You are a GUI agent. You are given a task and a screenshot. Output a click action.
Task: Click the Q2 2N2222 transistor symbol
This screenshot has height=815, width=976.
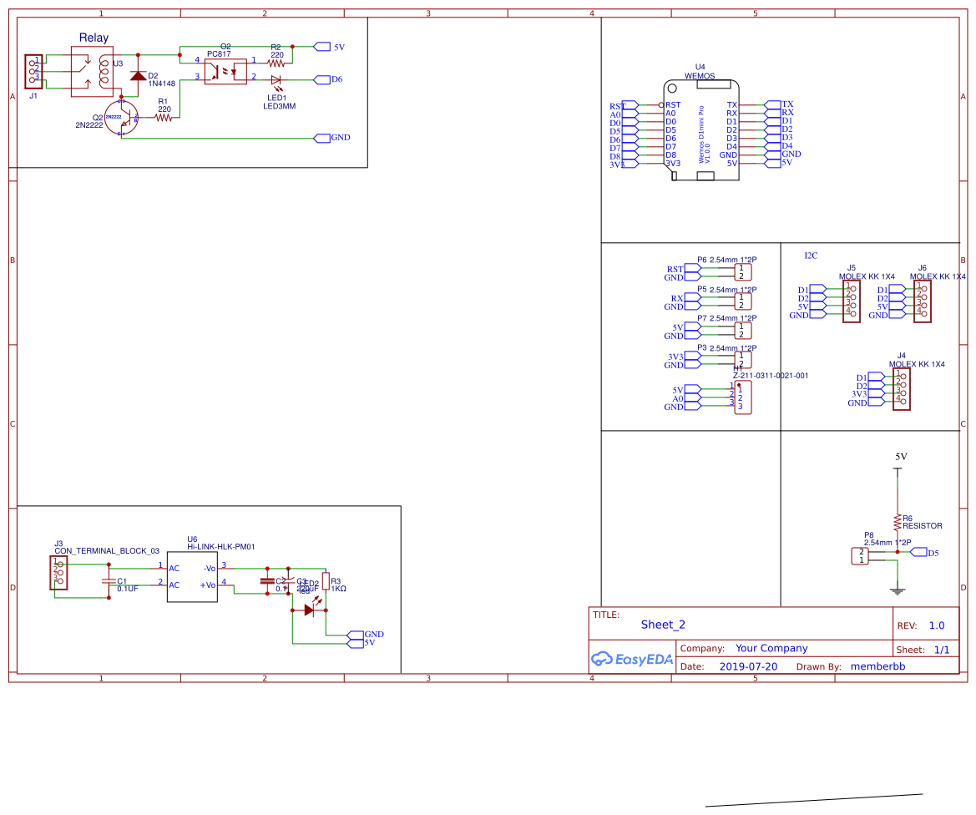(x=121, y=117)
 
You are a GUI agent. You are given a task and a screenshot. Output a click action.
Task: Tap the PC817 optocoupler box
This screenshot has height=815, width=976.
(x=225, y=68)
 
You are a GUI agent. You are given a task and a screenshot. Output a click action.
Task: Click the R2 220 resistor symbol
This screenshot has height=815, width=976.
(x=276, y=62)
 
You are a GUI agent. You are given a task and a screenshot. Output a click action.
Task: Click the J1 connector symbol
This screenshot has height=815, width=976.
(x=33, y=72)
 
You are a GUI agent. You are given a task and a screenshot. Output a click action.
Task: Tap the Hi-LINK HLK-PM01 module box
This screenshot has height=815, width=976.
(x=192, y=576)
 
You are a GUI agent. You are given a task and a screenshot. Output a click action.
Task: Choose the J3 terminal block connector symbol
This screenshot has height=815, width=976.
(x=58, y=574)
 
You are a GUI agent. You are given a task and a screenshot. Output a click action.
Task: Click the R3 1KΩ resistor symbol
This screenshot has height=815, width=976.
(x=325, y=582)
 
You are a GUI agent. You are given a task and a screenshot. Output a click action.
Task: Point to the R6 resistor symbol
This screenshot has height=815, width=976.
(x=898, y=523)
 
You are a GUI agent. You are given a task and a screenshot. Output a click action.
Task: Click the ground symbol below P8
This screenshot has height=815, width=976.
(x=898, y=591)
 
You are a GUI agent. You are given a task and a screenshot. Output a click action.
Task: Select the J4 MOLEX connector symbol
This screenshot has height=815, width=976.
(x=900, y=390)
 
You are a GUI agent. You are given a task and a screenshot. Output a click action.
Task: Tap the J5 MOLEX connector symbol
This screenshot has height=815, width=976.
(x=851, y=301)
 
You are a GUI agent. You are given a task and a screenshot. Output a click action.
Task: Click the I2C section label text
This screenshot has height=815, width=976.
(x=811, y=255)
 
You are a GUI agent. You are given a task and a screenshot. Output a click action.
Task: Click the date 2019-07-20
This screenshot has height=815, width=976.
(x=748, y=666)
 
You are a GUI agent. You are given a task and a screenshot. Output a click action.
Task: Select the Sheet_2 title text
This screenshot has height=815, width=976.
(x=663, y=624)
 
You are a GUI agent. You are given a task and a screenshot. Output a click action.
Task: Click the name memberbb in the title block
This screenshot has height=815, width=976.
(x=877, y=666)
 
